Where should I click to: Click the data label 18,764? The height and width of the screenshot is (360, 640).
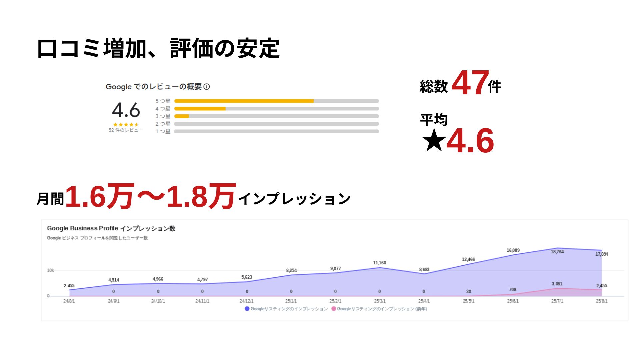click(x=557, y=252)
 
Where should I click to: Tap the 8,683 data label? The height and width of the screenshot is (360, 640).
click(x=424, y=269)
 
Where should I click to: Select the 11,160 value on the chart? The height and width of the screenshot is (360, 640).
click(x=379, y=263)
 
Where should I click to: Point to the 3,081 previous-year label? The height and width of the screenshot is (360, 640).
click(x=557, y=284)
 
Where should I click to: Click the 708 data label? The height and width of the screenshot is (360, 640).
click(x=512, y=289)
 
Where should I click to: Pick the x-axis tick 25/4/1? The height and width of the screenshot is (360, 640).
click(x=424, y=301)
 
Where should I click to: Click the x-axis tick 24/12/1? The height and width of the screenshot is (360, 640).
click(x=246, y=301)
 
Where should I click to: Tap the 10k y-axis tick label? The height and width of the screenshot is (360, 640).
click(x=50, y=270)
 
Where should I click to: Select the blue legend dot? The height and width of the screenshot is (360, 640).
click(x=247, y=309)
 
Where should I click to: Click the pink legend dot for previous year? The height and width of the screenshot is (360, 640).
click(x=333, y=309)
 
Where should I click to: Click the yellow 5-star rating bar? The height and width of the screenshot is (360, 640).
click(x=244, y=101)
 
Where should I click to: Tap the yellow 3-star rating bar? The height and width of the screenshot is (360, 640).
click(x=182, y=116)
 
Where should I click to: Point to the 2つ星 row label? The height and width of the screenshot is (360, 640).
click(x=163, y=124)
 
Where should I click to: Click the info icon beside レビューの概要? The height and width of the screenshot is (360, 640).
click(x=207, y=87)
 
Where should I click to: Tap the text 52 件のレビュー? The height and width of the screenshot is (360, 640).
click(x=126, y=130)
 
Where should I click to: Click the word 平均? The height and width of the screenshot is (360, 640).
click(x=434, y=120)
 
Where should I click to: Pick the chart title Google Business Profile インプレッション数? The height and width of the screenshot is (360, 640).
click(x=111, y=228)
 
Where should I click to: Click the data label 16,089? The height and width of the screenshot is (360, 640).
click(x=513, y=250)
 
